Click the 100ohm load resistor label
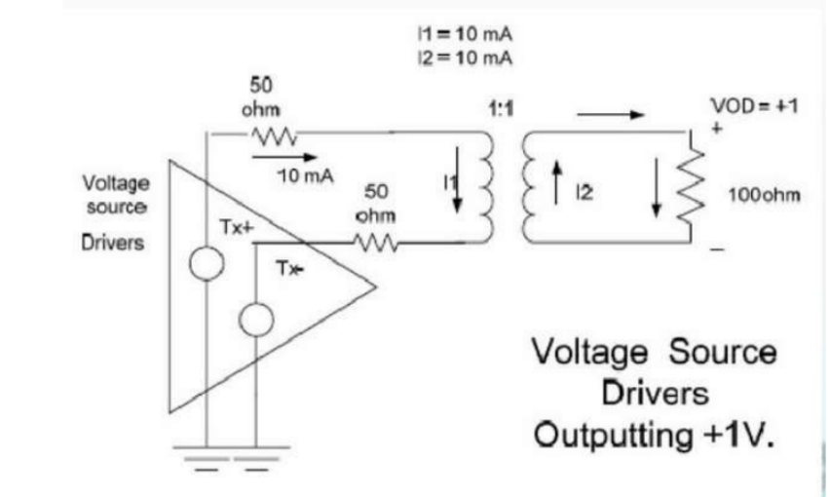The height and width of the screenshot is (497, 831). pyautogui.click(x=765, y=195)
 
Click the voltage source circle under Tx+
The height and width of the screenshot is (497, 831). pyautogui.click(x=208, y=263)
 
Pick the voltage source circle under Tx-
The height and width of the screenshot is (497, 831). pyautogui.click(x=255, y=321)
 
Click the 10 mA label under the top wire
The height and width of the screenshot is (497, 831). pyautogui.click(x=306, y=175)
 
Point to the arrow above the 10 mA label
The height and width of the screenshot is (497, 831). pyautogui.click(x=296, y=156)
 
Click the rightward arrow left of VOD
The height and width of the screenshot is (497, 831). pyautogui.click(x=611, y=115)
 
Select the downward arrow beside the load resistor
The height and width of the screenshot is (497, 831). pyautogui.click(x=656, y=193)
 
